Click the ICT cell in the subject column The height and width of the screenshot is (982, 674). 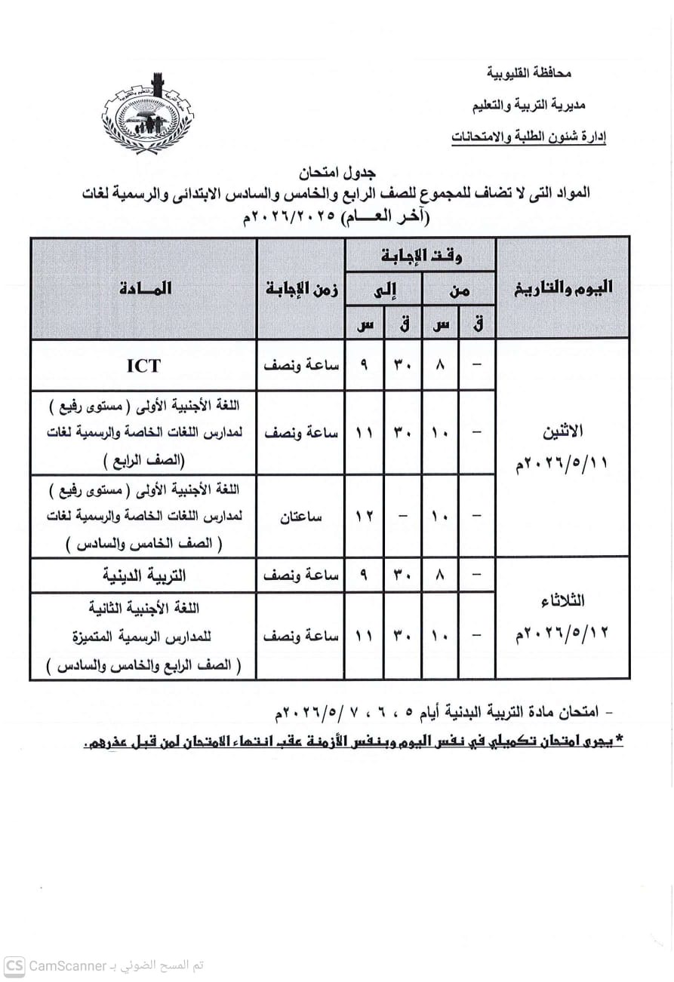coord(143,365)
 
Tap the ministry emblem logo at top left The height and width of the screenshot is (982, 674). coord(146,115)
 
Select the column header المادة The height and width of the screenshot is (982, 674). coord(143,287)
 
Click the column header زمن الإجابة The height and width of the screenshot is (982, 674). coord(301,287)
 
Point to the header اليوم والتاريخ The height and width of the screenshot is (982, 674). coord(562,287)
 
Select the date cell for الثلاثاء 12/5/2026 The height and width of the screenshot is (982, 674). coord(562,617)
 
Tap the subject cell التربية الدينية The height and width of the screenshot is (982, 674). coord(143,575)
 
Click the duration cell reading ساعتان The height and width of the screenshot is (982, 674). coord(301,517)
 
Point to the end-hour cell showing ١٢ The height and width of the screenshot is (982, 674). coord(365,517)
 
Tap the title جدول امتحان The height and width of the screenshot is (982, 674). coord(334,173)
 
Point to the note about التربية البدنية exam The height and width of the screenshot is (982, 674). coord(430,711)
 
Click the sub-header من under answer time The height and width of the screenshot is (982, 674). coord(458,289)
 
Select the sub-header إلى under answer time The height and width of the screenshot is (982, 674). coord(384,289)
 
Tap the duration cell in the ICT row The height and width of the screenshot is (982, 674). coord(301,365)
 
